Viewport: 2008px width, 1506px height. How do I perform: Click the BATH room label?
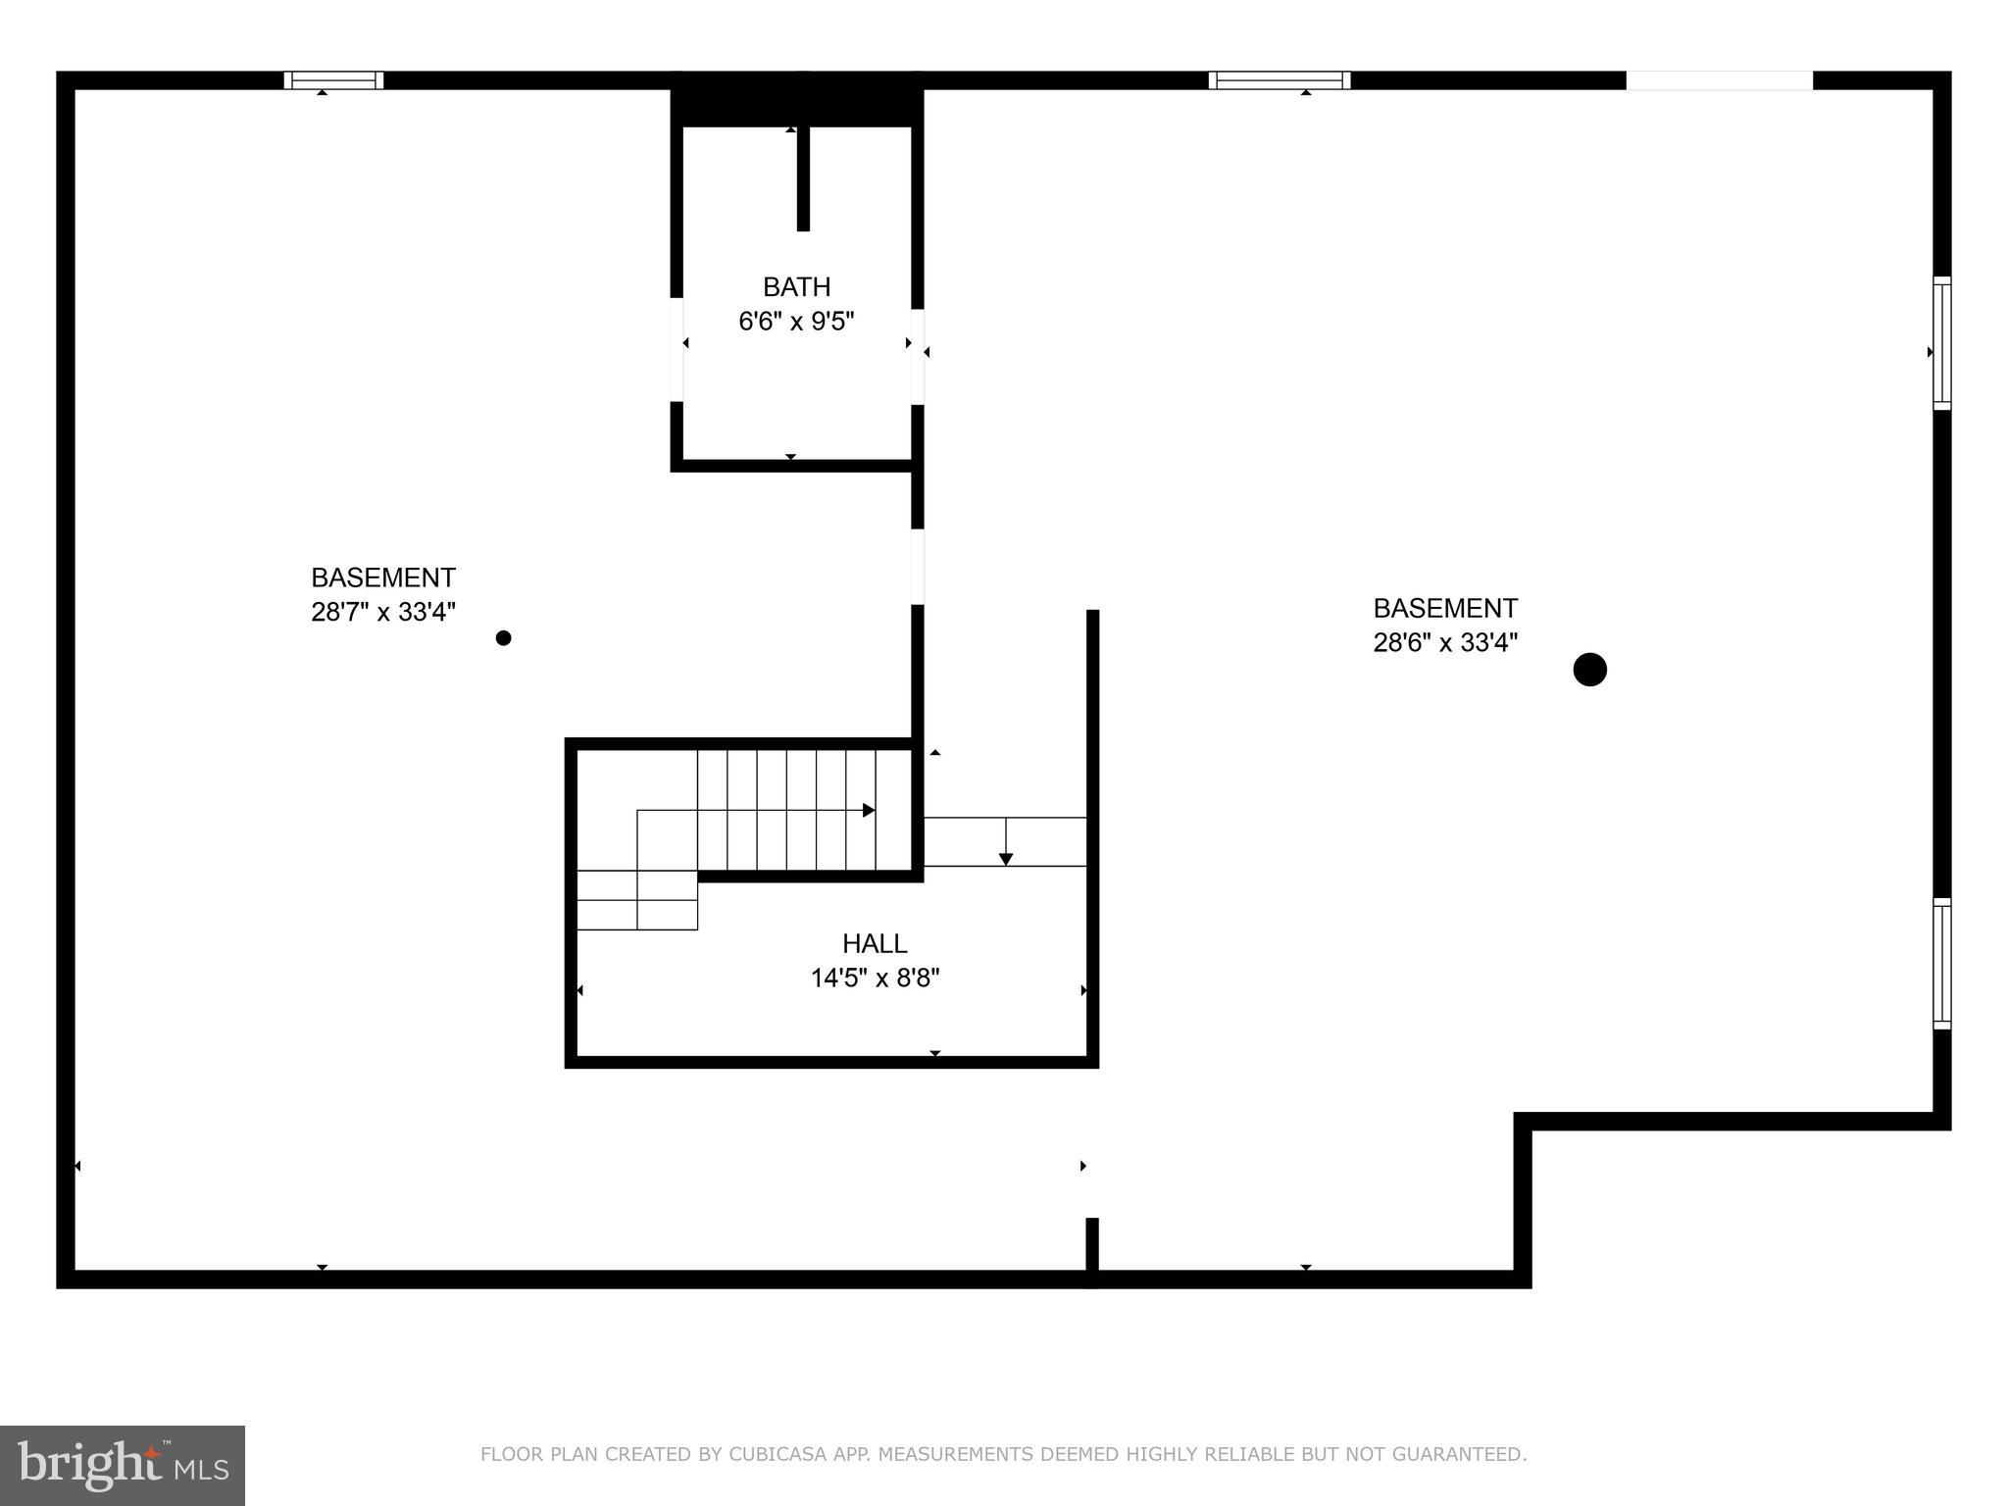pos(796,286)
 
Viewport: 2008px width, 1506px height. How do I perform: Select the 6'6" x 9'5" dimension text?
pos(796,322)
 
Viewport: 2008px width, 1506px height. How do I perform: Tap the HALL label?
pos(875,943)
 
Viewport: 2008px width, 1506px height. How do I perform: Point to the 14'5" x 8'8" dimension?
pos(875,979)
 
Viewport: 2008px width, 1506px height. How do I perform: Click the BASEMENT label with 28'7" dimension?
pos(383,577)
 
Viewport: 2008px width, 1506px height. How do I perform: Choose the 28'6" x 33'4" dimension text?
pos(1445,643)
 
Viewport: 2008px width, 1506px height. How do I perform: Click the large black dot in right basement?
pos(1589,670)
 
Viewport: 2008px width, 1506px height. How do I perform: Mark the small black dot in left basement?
pos(503,638)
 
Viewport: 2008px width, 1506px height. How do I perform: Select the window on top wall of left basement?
pos(333,80)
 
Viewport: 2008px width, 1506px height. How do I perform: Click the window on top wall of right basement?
pos(1279,80)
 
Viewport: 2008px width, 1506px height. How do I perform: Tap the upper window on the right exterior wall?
pos(1941,343)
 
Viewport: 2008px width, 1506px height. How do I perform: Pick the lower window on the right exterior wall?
pos(1941,964)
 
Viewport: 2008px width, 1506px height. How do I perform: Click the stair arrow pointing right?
pos(868,810)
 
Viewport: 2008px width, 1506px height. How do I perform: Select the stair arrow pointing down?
pos(1005,858)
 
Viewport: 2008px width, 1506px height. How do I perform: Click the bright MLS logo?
pos(122,1465)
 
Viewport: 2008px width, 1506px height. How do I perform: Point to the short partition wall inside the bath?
pos(803,178)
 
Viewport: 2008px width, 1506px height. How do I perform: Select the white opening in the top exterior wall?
pos(1719,80)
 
